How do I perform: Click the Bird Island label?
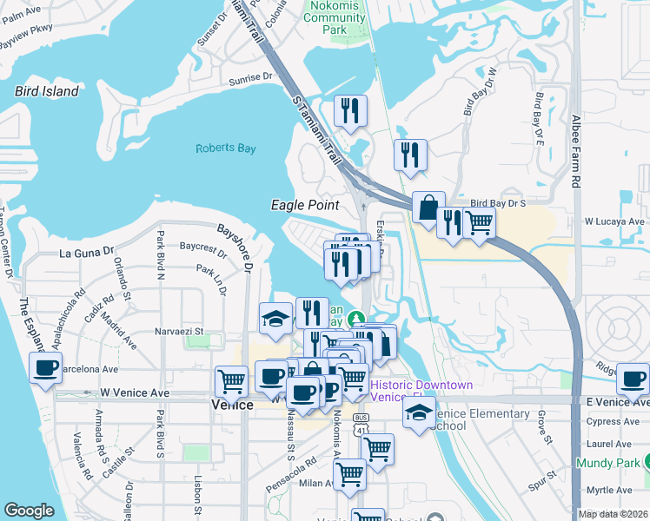pyautogui.click(x=47, y=91)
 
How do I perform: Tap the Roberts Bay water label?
pyautogui.click(x=225, y=148)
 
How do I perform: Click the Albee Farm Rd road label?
pyautogui.click(x=575, y=152)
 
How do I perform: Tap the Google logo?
pyautogui.click(x=30, y=511)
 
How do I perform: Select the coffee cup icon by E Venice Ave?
pyautogui.click(x=633, y=379)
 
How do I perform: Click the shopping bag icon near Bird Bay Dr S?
pyautogui.click(x=428, y=208)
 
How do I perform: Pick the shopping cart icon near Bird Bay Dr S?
pyautogui.click(x=480, y=223)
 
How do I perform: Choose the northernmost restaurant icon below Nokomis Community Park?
pyautogui.click(x=351, y=110)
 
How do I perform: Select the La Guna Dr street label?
pyautogui.click(x=87, y=253)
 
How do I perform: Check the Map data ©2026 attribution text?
pyautogui.click(x=613, y=513)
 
